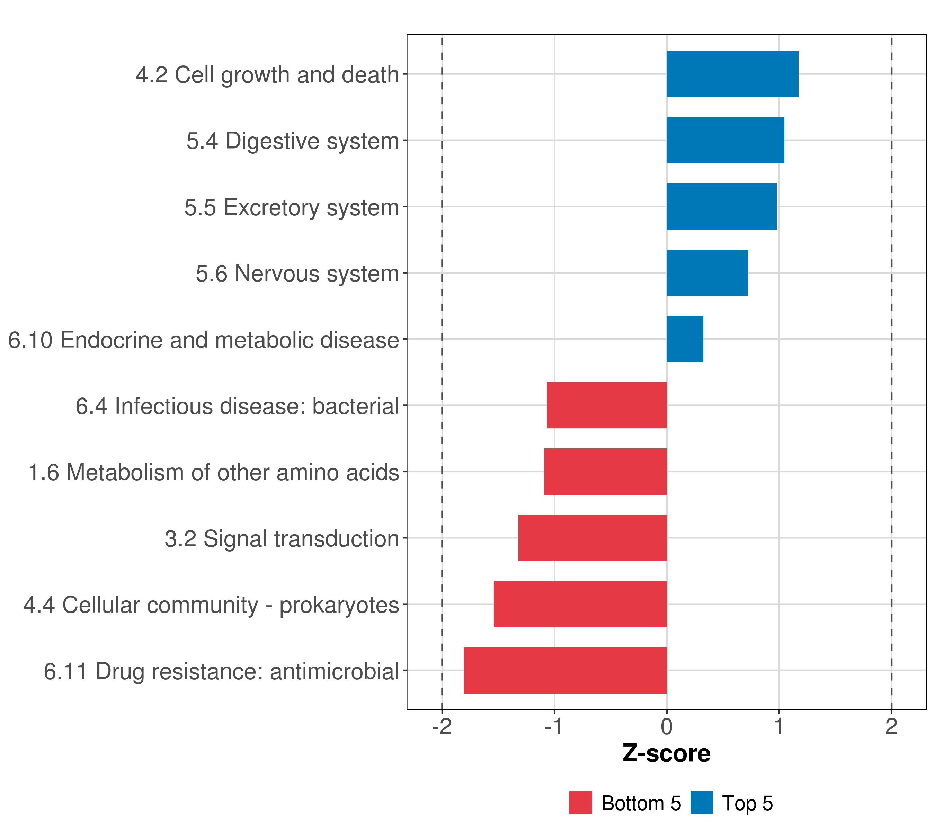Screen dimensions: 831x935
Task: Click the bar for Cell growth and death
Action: [732, 74]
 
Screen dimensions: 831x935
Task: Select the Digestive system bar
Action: [725, 141]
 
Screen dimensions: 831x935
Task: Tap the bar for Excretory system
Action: [722, 207]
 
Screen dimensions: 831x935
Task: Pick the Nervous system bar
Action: [707, 273]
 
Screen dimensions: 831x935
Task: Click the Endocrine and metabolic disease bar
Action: [685, 339]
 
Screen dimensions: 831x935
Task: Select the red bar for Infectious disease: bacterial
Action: [607, 405]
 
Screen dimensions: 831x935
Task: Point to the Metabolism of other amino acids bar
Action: [605, 472]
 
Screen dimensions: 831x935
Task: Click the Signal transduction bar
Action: [593, 538]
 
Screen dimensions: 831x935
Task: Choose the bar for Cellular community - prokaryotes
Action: [580, 604]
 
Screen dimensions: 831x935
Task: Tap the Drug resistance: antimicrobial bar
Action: [566, 670]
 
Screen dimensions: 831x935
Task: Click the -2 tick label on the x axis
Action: [442, 727]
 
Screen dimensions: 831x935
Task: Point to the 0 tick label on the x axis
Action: [667, 727]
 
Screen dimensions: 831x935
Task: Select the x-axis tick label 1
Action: [778, 727]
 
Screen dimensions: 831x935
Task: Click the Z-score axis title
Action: [667, 754]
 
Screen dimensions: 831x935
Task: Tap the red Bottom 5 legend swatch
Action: [580, 803]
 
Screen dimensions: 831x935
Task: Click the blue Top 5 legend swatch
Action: [702, 803]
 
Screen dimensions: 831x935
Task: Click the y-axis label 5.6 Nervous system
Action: [297, 274]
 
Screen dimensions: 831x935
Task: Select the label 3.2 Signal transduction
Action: [282, 539]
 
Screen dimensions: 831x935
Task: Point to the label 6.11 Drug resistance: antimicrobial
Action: [221, 671]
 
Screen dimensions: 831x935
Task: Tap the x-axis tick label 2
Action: [891, 727]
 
